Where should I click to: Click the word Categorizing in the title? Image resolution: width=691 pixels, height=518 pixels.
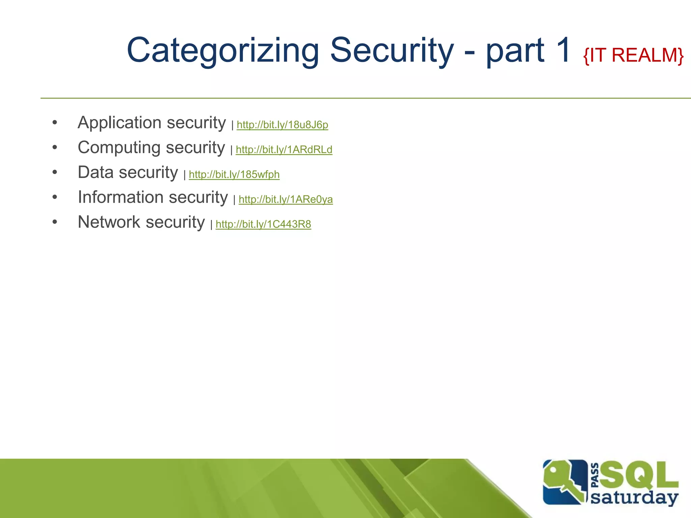[223, 51]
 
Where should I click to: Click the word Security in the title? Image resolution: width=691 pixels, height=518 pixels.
[391, 51]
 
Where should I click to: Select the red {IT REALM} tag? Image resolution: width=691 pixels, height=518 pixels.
[633, 55]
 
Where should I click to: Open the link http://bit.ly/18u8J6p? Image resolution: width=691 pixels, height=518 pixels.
[282, 125]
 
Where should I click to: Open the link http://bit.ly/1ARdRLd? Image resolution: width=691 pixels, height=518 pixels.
[284, 149]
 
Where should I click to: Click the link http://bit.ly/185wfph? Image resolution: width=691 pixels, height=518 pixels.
[234, 174]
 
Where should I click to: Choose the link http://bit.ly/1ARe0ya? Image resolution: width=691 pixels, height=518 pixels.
[285, 199]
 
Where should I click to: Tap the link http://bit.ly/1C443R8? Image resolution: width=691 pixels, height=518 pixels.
[263, 224]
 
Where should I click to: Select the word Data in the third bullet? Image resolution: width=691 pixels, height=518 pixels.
[95, 172]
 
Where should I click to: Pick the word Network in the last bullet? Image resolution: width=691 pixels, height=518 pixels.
[109, 222]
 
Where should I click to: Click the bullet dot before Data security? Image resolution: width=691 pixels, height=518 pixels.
[55, 172]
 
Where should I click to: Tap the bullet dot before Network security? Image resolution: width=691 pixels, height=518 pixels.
[55, 222]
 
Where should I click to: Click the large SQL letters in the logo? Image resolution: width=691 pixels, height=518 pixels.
[639, 476]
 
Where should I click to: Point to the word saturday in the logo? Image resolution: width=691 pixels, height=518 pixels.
[634, 498]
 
